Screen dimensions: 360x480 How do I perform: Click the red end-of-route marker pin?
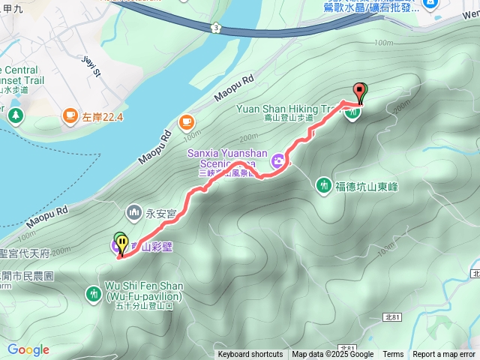pyautogui.click(x=361, y=93)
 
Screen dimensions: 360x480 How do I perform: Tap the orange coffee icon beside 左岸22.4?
pyautogui.click(x=70, y=115)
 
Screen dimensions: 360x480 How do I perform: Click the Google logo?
pyautogui.click(x=28, y=349)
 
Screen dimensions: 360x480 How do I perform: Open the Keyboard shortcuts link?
pyautogui.click(x=250, y=355)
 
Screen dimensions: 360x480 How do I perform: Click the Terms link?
pyautogui.click(x=393, y=355)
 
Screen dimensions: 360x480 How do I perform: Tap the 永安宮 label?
pyautogui.click(x=161, y=213)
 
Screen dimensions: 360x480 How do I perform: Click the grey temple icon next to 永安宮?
pyautogui.click(x=135, y=212)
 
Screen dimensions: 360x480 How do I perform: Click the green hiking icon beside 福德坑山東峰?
pyautogui.click(x=324, y=184)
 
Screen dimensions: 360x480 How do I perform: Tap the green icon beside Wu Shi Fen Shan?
pyautogui.click(x=93, y=292)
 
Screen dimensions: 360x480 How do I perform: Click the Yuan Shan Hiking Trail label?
pyautogui.click(x=289, y=109)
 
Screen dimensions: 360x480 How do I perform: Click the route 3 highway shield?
pyautogui.click(x=217, y=27)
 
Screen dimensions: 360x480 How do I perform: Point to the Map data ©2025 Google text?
pyautogui.click(x=333, y=355)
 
